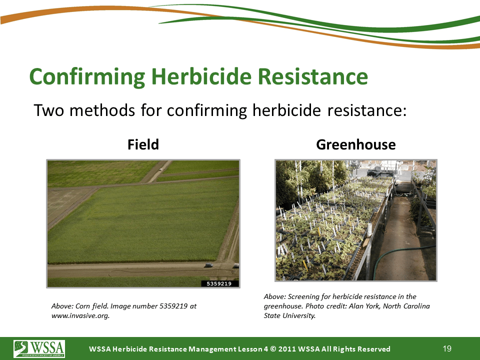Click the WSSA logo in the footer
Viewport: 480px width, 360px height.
39,348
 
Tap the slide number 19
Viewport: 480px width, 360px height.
447,348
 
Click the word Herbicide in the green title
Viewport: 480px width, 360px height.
201,76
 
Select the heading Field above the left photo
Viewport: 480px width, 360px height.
143,144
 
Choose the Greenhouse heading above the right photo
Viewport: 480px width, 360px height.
355,144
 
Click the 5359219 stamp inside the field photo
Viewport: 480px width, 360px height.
219,283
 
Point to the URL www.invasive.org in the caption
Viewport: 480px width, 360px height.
80,315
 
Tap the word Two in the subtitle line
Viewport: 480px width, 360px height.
48,110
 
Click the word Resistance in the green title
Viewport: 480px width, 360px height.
313,76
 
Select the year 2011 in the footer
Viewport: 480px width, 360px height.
287,349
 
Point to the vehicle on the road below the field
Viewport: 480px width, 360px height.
209,265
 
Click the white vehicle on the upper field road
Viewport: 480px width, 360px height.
160,169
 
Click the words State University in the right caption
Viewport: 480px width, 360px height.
289,315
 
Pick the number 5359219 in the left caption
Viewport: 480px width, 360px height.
173,306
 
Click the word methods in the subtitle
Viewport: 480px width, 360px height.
102,110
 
